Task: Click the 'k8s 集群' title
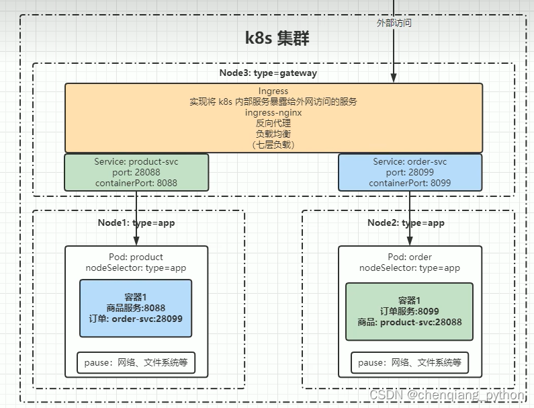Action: click(x=277, y=38)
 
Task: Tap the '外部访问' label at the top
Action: click(x=394, y=22)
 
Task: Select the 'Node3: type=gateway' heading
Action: click(x=268, y=73)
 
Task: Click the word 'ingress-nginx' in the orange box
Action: click(x=273, y=112)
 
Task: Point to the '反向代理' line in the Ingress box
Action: click(x=273, y=123)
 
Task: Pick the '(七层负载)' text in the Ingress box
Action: click(x=273, y=144)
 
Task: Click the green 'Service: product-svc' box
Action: click(x=136, y=172)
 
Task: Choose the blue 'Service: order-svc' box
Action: click(x=410, y=172)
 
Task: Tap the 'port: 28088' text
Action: click(x=136, y=172)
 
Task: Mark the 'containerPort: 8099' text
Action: click(x=410, y=183)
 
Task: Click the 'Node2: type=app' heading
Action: click(x=406, y=222)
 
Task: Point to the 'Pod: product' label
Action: click(x=136, y=257)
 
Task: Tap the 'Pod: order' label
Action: click(x=410, y=257)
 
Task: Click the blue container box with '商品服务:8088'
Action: click(x=136, y=308)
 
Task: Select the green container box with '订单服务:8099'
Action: click(x=410, y=311)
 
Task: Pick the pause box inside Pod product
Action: click(x=136, y=363)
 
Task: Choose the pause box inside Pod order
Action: click(x=410, y=363)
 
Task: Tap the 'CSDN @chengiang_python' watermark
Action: click(x=447, y=395)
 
